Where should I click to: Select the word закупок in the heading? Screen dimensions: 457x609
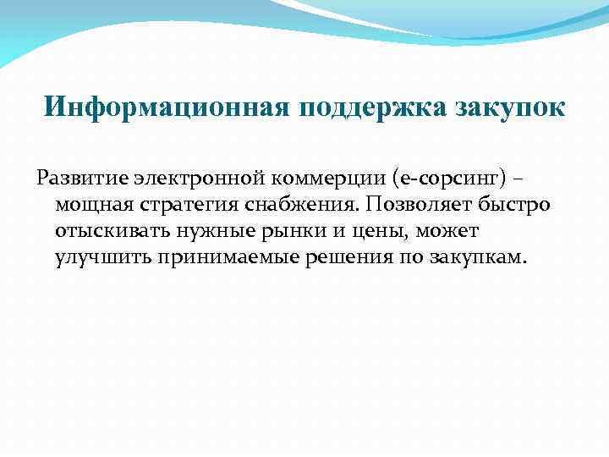click(512, 108)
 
